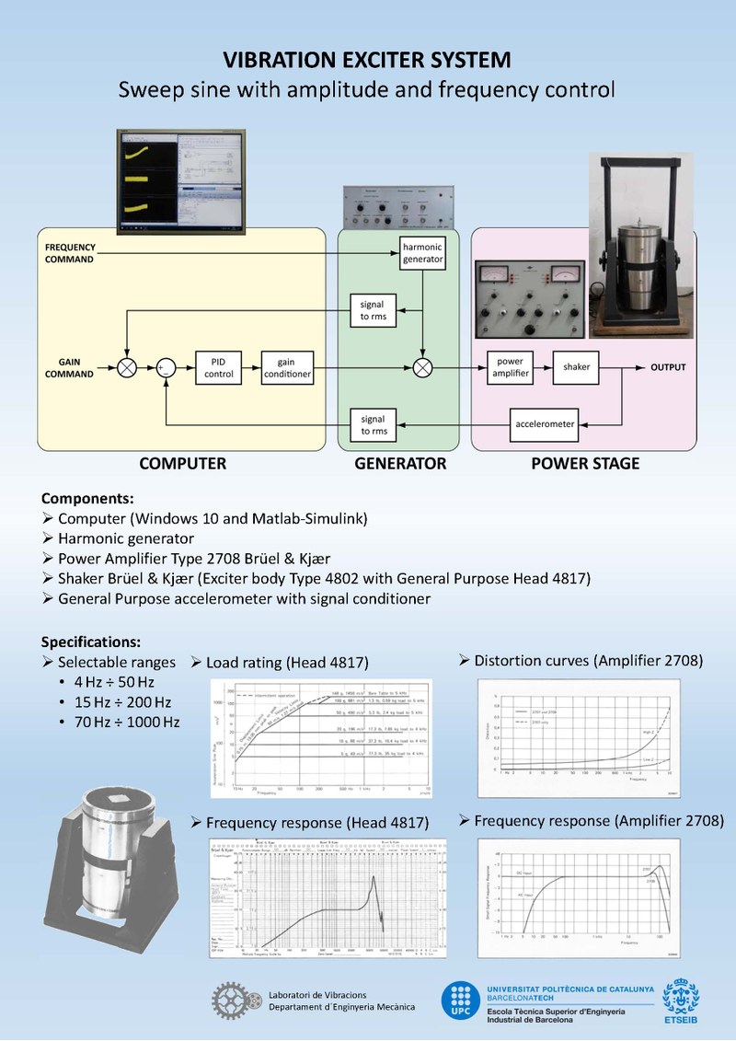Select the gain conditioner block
287,367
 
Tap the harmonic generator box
422,252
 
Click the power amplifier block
509,367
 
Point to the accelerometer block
543,424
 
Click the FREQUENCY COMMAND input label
69,253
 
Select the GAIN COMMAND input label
69,367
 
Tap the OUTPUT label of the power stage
668,367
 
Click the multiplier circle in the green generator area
422,367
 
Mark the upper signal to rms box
374,310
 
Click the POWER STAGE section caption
585,464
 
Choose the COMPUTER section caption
182,464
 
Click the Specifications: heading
91,642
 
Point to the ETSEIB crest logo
681,999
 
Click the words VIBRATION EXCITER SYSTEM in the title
367,61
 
